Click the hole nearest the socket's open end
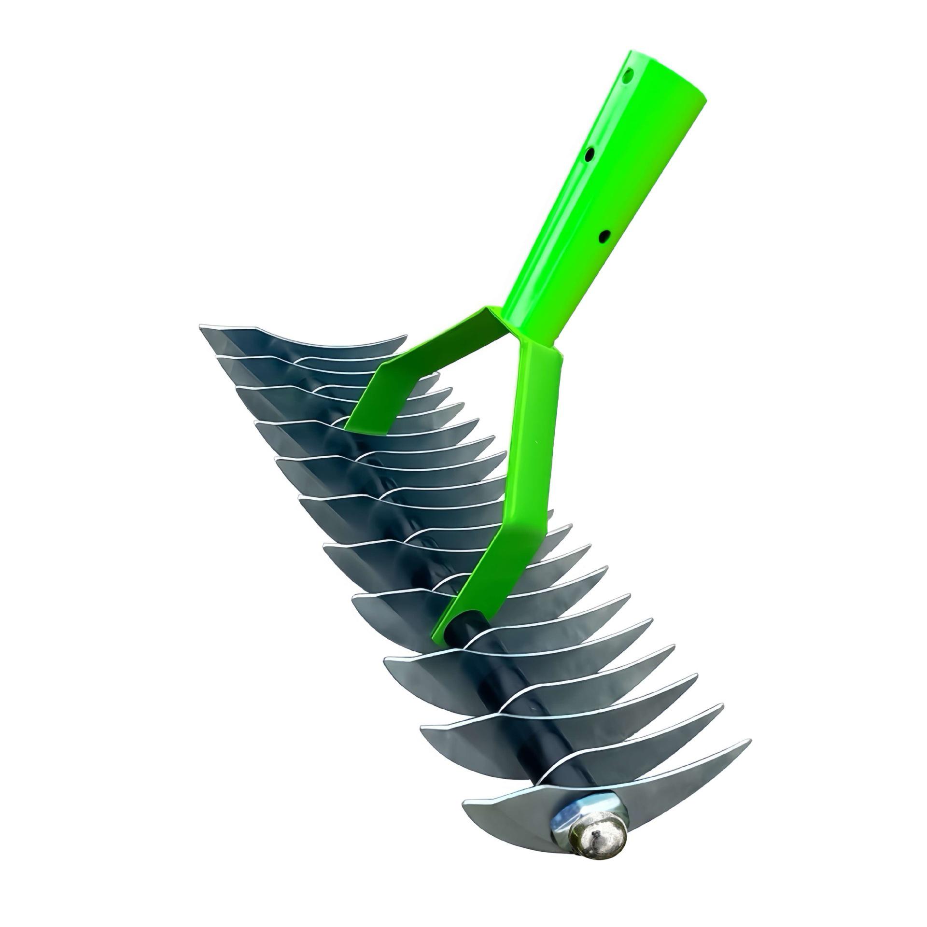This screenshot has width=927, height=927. coord(628,76)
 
